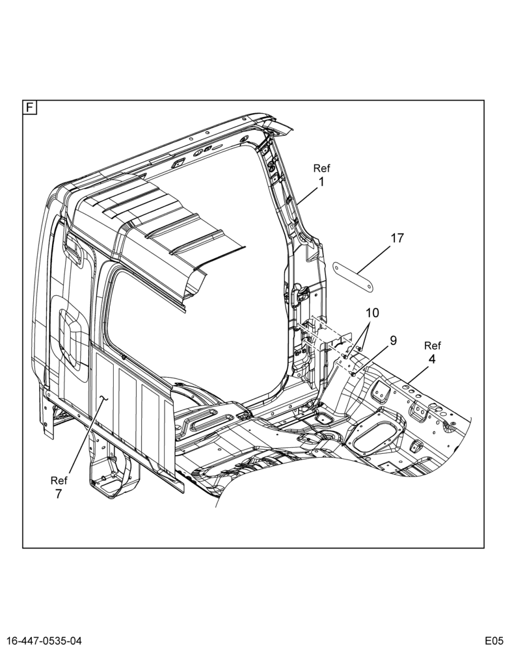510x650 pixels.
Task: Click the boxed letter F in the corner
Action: point(30,107)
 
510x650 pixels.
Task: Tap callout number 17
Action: point(397,239)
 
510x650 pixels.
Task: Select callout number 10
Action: point(373,313)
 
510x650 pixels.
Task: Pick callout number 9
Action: point(392,341)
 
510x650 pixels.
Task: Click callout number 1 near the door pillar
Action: point(321,181)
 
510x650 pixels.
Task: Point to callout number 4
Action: point(432,359)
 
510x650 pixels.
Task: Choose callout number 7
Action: point(59,494)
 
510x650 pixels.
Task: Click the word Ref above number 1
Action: point(321,168)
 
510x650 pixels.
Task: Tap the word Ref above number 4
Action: point(433,346)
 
